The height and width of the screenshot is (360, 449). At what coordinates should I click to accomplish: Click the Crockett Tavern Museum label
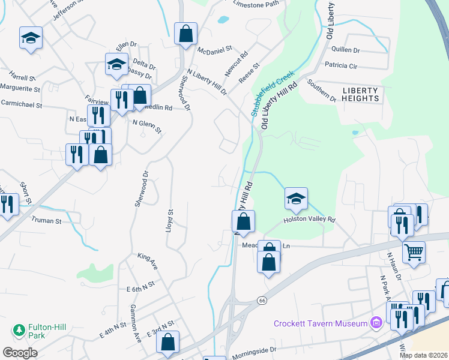pyautogui.click(x=320, y=323)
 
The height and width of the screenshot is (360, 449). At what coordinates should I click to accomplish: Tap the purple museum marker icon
pyautogui.click(x=376, y=323)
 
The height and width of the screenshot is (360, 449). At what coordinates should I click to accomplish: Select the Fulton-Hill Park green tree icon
pyautogui.click(x=19, y=329)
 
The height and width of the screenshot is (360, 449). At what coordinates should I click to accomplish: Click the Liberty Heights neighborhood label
pyautogui.click(x=361, y=94)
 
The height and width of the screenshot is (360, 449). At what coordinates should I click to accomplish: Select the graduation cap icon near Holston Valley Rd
pyautogui.click(x=295, y=199)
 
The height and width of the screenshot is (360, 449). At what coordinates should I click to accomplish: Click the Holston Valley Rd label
pyautogui.click(x=309, y=220)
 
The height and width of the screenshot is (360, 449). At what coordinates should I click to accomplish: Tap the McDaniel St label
pyautogui.click(x=214, y=49)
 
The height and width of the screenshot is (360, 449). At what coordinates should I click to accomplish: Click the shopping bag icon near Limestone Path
pyautogui.click(x=185, y=34)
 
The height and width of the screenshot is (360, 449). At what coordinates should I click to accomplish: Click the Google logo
pyautogui.click(x=20, y=352)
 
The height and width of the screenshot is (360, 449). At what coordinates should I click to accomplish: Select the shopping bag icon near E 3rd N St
pyautogui.click(x=167, y=342)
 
